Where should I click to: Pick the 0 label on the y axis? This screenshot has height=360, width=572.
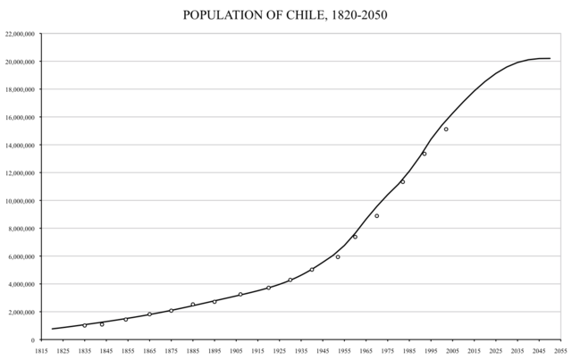(x=32, y=340)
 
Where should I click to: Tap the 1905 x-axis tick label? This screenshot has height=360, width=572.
(x=235, y=353)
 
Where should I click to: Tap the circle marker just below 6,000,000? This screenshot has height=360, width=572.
(x=338, y=256)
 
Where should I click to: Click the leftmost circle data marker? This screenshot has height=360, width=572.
(x=85, y=325)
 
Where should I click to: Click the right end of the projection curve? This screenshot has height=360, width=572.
(x=551, y=58)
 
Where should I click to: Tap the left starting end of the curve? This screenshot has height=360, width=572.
(x=52, y=329)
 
